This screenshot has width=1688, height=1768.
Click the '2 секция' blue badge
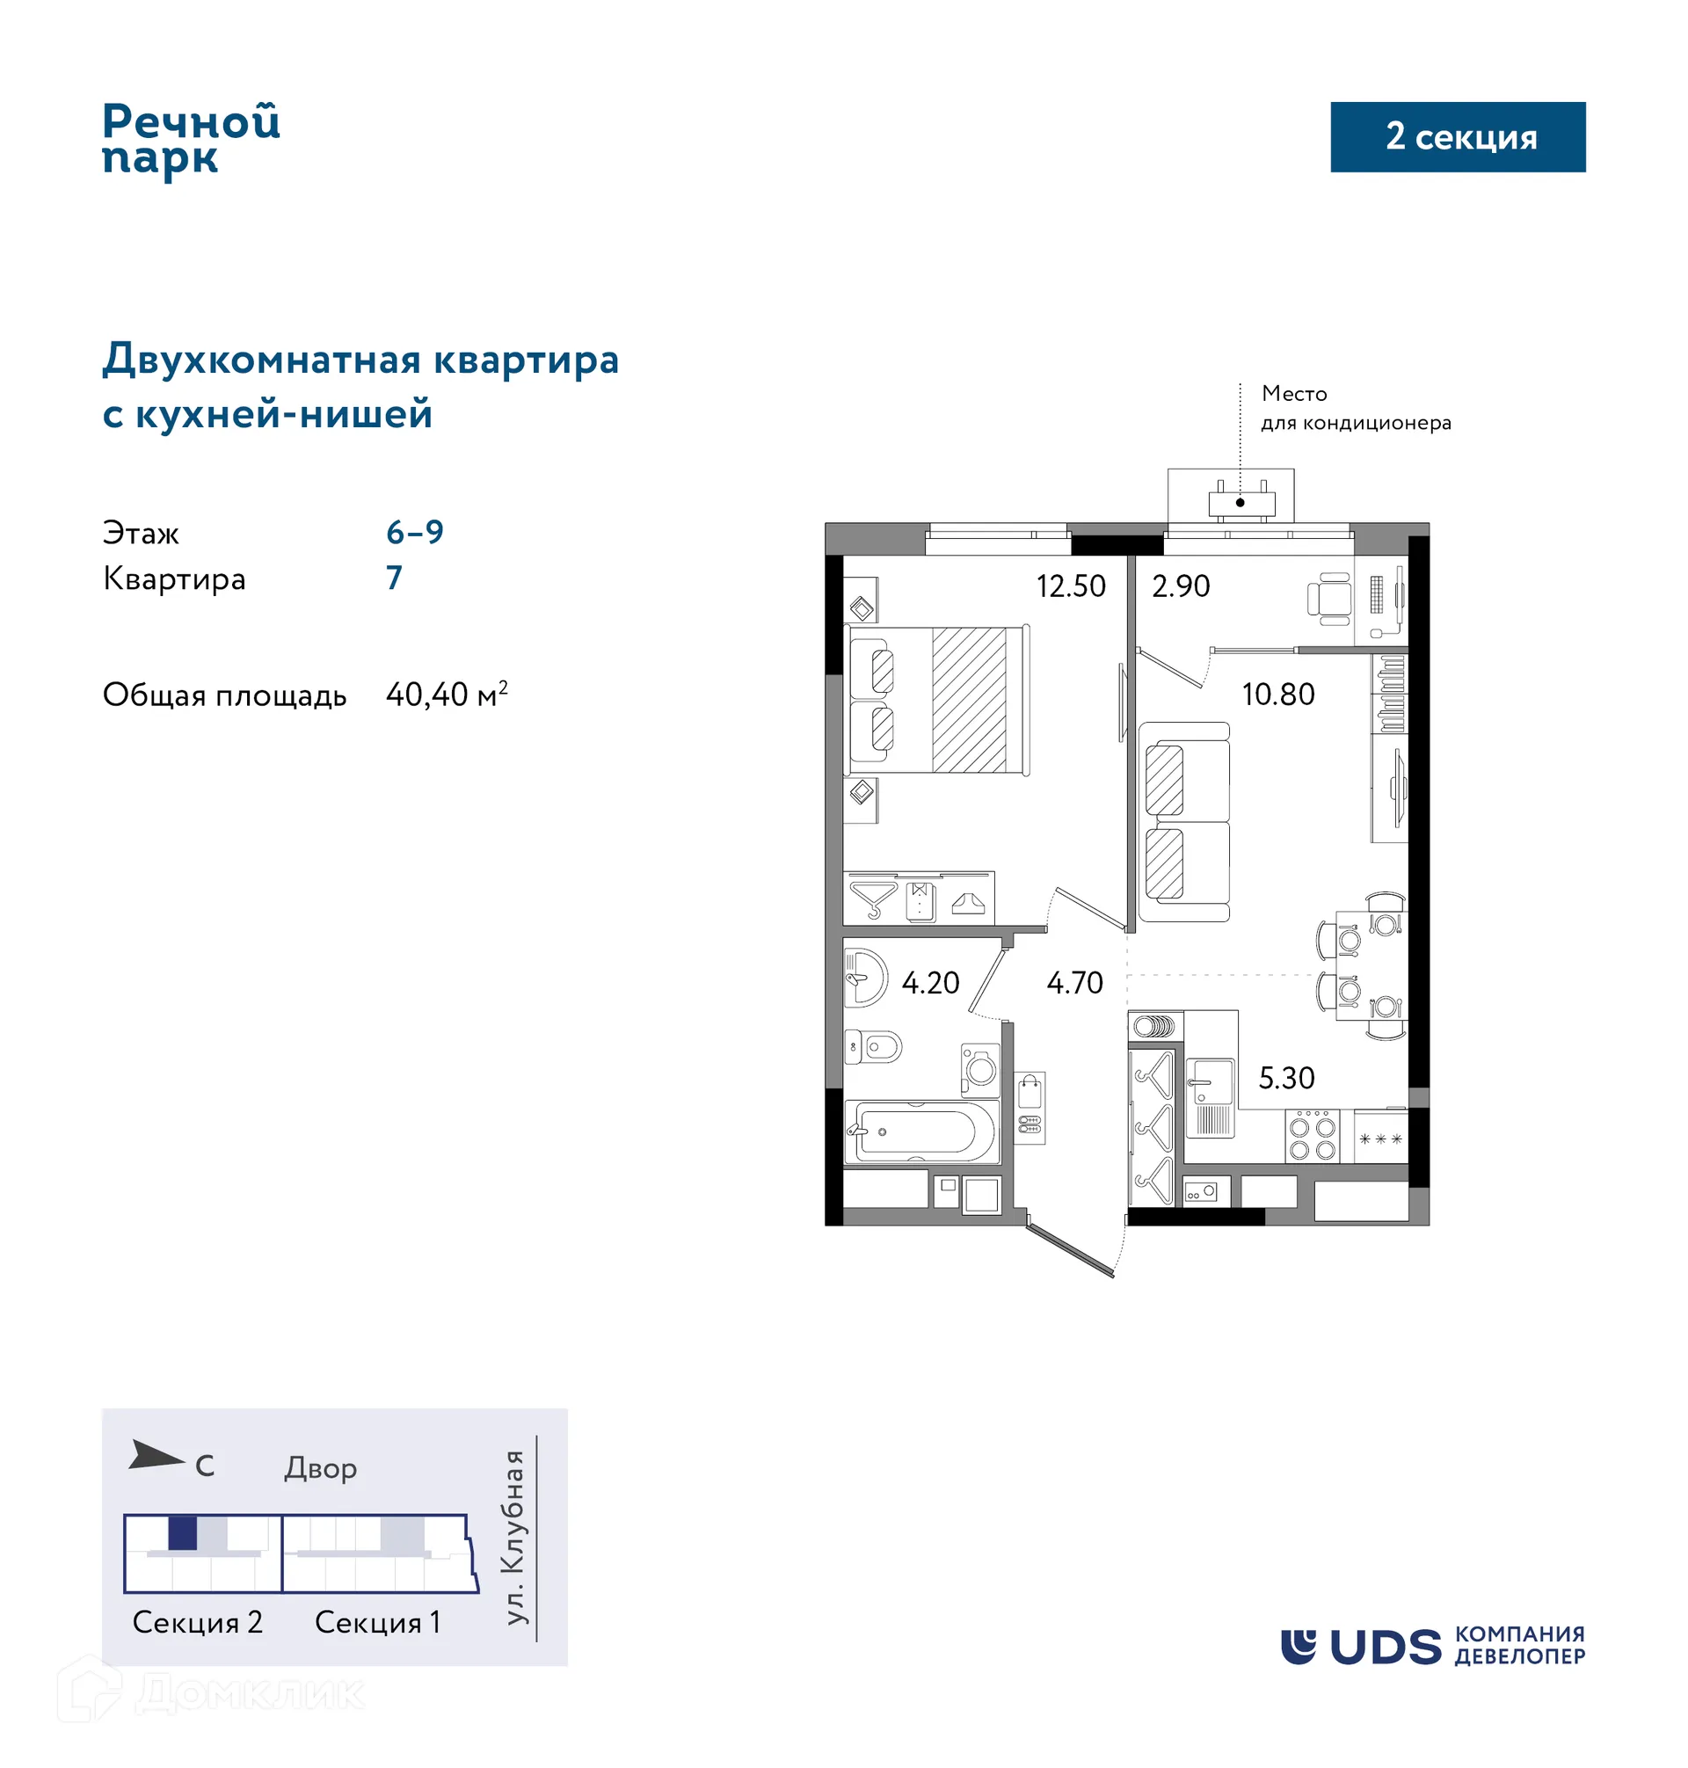pos(1457,137)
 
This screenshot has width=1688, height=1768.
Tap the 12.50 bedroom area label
pos(1070,586)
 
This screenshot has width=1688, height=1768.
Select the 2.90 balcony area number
pos(1180,586)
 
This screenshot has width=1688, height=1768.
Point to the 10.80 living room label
pos(1277,695)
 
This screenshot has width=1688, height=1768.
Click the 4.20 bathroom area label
pos(929,983)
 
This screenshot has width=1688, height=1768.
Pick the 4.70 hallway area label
pos(1073,983)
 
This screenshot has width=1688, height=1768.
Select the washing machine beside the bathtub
pos(980,1069)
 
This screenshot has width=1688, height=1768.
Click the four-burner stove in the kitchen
pos(1311,1137)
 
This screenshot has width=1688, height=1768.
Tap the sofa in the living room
pos(1182,821)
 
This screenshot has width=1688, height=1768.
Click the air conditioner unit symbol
pos(1240,503)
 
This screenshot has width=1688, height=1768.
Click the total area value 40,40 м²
pos(447,695)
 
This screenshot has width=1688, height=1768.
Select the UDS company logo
pos(1431,1646)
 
